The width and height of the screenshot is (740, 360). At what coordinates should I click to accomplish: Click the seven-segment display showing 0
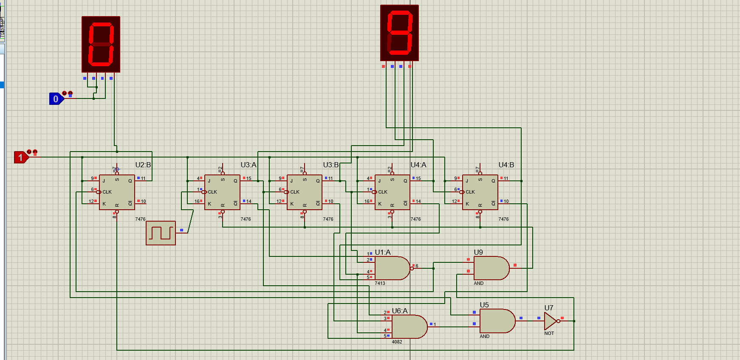[x=101, y=44]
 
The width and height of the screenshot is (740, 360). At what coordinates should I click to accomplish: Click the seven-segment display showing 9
[x=399, y=33]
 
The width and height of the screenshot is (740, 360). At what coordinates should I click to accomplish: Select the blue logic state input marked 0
[x=56, y=99]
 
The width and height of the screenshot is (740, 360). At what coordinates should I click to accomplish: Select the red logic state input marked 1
[x=20, y=157]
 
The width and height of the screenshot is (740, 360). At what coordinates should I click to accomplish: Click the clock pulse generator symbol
[x=161, y=233]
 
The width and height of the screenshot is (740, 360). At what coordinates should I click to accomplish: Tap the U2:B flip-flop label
[x=143, y=165]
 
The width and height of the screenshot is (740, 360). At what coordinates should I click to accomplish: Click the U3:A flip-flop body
[x=222, y=192]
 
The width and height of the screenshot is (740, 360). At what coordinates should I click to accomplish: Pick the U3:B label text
[x=330, y=165]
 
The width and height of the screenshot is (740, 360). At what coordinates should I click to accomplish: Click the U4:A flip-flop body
[x=392, y=192]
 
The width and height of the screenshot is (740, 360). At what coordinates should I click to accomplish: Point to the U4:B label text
[x=506, y=165]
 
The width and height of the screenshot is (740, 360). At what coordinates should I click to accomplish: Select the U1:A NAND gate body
[x=391, y=268]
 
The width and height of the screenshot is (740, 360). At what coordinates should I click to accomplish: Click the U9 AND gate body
[x=491, y=268]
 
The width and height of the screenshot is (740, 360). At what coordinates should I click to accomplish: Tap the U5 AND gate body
[x=496, y=321]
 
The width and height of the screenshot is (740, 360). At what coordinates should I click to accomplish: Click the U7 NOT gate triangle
[x=550, y=321]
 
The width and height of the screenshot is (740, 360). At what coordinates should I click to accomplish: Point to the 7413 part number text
[x=380, y=283]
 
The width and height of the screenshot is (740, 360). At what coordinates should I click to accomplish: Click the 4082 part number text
[x=397, y=342]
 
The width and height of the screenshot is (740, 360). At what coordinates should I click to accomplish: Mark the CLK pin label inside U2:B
[x=107, y=192]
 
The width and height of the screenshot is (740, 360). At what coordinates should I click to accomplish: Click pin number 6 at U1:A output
[x=417, y=266]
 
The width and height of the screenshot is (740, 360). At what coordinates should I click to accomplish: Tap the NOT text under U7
[x=549, y=333]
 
